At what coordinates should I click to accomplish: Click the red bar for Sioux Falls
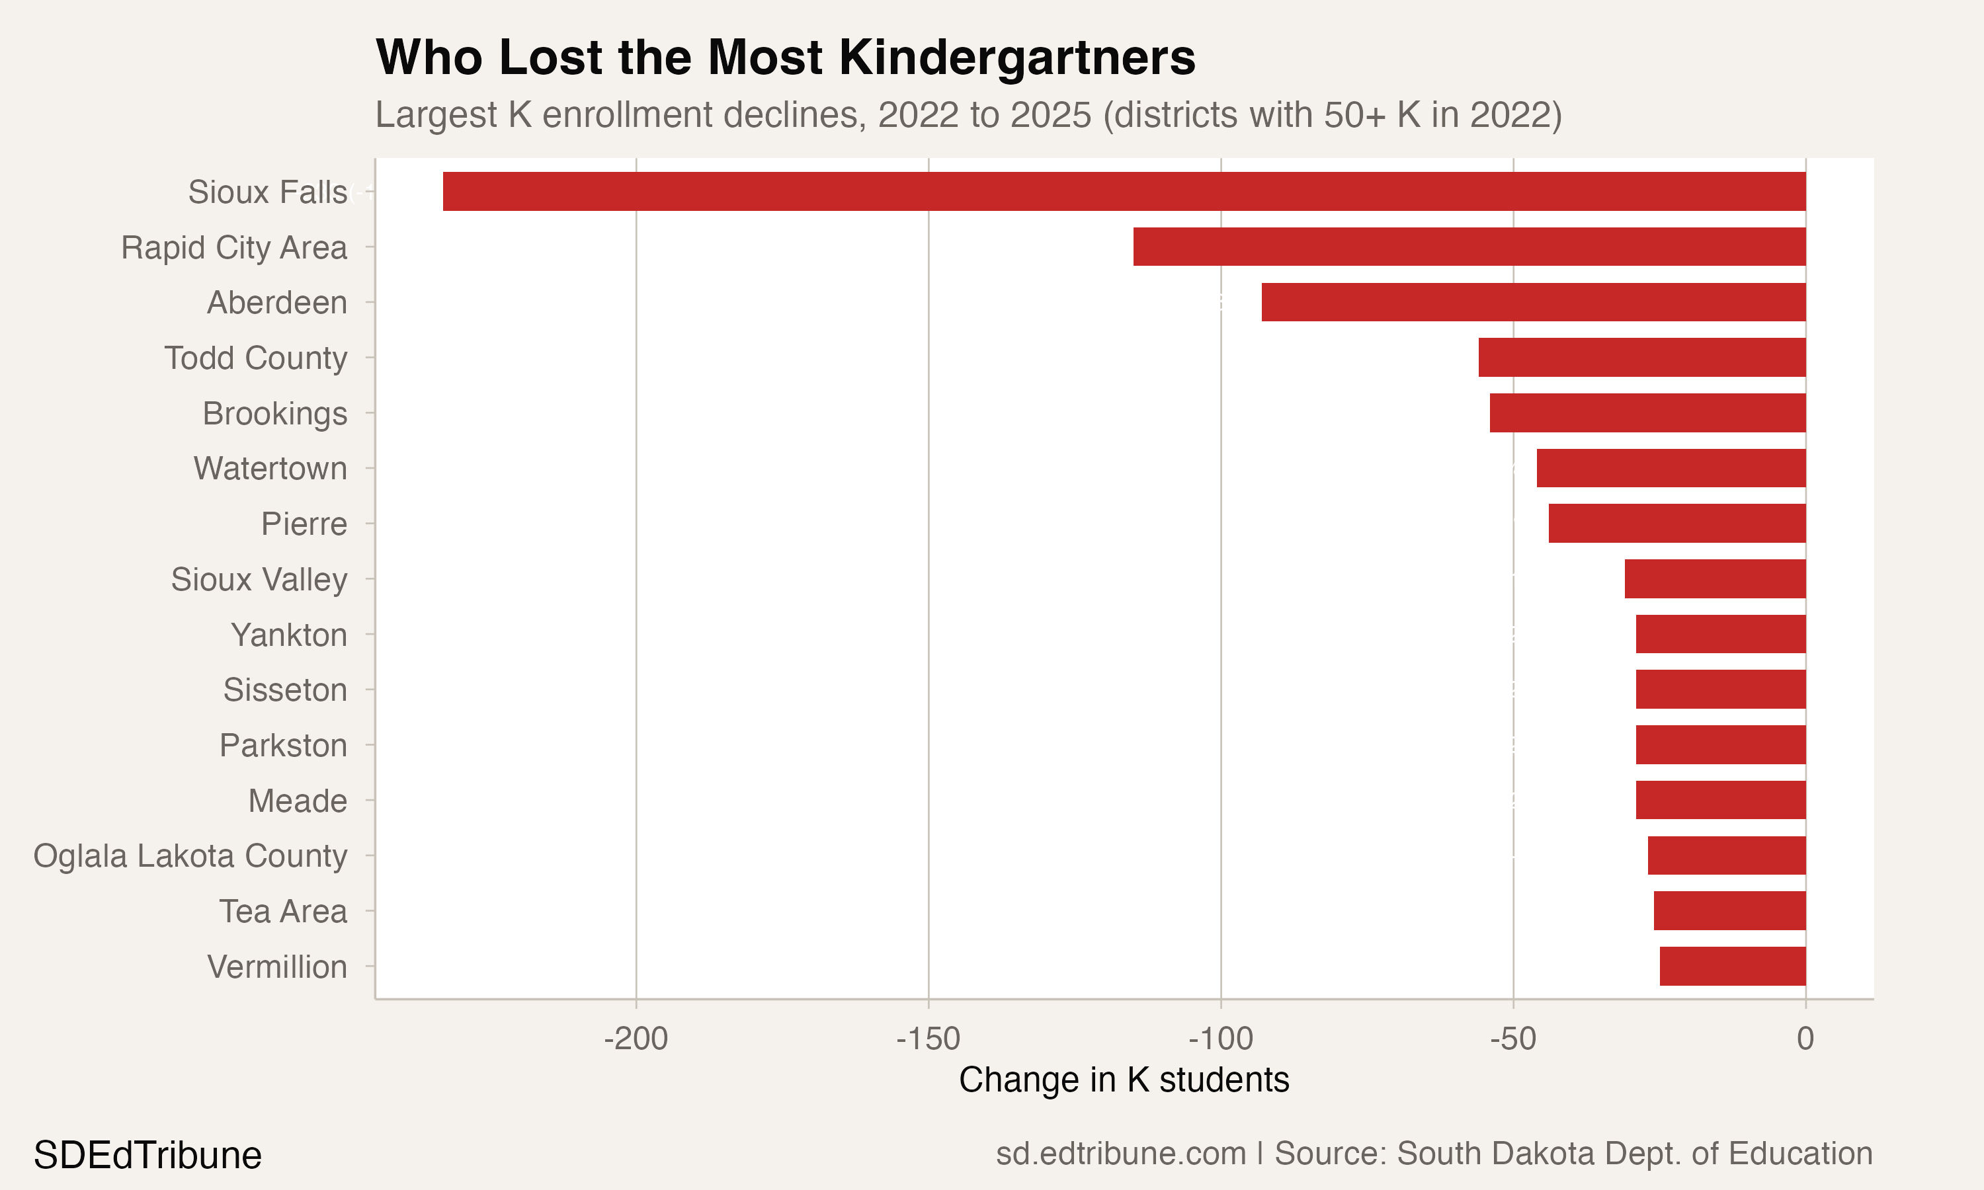[1123, 191]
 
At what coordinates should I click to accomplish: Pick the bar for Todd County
[1641, 358]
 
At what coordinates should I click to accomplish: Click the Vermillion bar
[1732, 967]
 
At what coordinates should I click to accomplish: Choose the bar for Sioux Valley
[1715, 579]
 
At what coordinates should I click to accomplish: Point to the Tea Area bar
[1729, 911]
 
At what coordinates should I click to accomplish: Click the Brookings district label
[274, 414]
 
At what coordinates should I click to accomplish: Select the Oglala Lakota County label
[190, 855]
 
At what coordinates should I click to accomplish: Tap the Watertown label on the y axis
[270, 468]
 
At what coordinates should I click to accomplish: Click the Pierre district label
[304, 524]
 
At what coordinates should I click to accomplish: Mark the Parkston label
[283, 746]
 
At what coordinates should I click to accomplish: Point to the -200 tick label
[636, 1039]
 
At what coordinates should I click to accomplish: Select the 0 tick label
[1805, 1039]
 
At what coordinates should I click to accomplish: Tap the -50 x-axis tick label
[1512, 1039]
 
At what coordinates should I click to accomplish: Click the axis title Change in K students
[1124, 1080]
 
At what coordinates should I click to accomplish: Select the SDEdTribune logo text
[147, 1156]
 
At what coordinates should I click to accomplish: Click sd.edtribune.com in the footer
[1120, 1154]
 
